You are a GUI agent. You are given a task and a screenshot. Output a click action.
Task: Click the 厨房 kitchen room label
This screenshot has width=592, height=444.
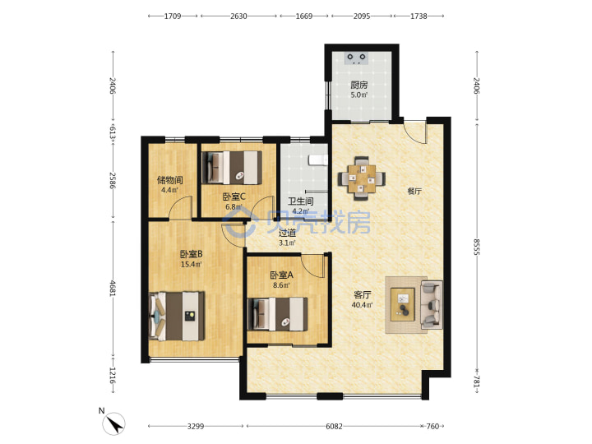coord(358,85)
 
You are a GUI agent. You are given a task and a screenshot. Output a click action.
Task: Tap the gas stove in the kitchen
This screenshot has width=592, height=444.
coord(357,58)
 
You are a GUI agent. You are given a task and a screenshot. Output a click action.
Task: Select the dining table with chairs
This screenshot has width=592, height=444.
coord(362,178)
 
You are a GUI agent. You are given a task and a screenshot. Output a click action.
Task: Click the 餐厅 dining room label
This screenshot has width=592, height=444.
coord(414,191)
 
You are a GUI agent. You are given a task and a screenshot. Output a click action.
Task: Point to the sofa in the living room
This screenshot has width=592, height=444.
coord(432,304)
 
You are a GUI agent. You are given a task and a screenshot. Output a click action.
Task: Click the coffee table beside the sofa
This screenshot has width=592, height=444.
coord(402,304)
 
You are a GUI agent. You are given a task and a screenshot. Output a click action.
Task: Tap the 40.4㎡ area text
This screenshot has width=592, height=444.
coord(362,305)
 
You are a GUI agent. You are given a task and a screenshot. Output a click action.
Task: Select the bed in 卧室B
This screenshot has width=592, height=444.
coord(177,316)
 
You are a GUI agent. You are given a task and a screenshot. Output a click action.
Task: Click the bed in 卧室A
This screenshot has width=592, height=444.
coord(278,314)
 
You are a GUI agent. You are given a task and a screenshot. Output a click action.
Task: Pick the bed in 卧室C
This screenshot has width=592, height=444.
coord(232,167)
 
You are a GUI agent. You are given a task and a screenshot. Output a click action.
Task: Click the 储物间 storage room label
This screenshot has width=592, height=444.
coord(170,180)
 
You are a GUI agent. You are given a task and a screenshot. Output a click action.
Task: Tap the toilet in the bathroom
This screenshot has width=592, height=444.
coord(318,160)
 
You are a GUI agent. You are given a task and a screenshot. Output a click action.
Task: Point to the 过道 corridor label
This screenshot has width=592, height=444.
coord(287,233)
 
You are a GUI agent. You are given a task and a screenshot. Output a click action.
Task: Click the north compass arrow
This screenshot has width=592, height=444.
coord(114,423)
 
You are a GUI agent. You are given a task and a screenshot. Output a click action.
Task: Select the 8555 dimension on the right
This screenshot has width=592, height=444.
coord(476,247)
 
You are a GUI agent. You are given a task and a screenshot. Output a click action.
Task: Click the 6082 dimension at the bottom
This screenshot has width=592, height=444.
coord(334,426)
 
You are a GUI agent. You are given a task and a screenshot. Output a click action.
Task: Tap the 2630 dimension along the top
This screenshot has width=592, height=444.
coord(238,16)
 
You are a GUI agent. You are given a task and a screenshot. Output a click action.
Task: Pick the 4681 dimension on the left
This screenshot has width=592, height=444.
coord(113,288)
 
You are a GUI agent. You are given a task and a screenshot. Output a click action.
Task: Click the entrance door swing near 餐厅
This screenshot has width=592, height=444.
coord(415,132)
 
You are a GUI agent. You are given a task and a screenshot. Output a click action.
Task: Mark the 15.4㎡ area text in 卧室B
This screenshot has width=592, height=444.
coord(191,264)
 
